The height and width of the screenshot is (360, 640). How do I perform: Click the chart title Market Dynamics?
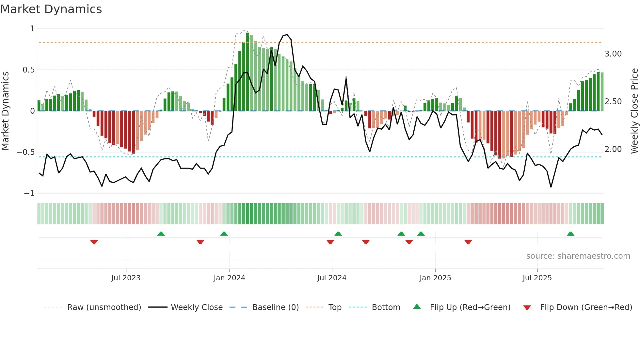coord(51,9)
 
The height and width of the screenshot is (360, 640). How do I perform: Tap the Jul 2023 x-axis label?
coord(126,278)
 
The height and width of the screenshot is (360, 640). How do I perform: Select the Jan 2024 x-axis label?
coord(229,278)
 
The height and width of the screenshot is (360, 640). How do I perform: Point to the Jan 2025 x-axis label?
coord(435,278)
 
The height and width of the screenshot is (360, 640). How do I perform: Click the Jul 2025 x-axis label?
coord(537,278)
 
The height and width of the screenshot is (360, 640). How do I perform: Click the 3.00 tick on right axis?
coord(613,54)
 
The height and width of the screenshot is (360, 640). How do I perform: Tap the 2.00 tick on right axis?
coord(613,149)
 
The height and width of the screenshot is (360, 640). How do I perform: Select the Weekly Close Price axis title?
coord(634,111)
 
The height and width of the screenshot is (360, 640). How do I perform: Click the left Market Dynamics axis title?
coord(5,111)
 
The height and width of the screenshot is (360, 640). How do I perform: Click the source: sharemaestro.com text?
coord(578,256)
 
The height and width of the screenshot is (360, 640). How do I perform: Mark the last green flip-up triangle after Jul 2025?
coord(570,234)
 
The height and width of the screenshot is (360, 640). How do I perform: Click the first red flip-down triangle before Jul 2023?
coord(94,242)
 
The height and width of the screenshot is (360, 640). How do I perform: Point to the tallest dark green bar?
coord(248,72)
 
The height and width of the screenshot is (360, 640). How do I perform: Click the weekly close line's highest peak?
coord(287,34)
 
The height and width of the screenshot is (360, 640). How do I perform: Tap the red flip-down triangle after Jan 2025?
coord(468,242)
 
